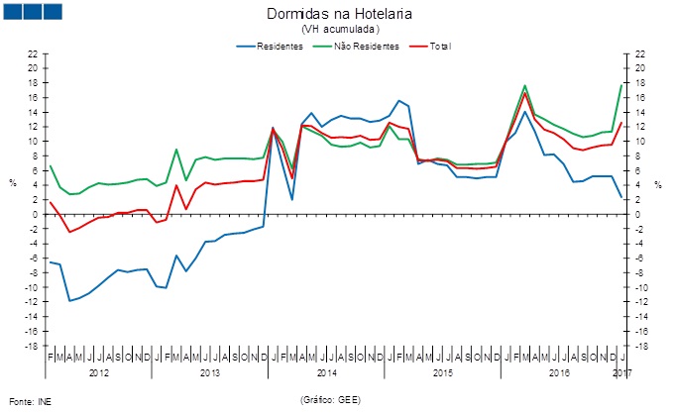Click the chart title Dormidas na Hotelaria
[339, 14]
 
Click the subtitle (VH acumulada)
[339, 30]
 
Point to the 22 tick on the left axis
[33, 53]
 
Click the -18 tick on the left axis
[31, 347]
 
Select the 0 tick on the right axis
[639, 215]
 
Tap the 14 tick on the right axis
[641, 112]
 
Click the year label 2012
[99, 372]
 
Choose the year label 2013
[210, 372]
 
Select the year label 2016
[559, 372]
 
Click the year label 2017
[622, 372]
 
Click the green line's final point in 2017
[621, 85]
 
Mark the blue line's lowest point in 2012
[69, 300]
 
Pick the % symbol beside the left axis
[13, 183]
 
